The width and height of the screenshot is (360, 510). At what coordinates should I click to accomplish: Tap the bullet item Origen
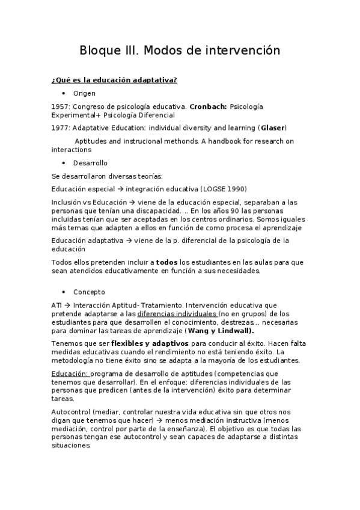(x=84, y=94)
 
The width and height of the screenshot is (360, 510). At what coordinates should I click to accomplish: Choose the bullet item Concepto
(x=89, y=292)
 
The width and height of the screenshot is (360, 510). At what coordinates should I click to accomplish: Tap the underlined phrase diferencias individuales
(x=177, y=313)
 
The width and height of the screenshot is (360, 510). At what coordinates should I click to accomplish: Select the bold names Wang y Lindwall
(x=220, y=330)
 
